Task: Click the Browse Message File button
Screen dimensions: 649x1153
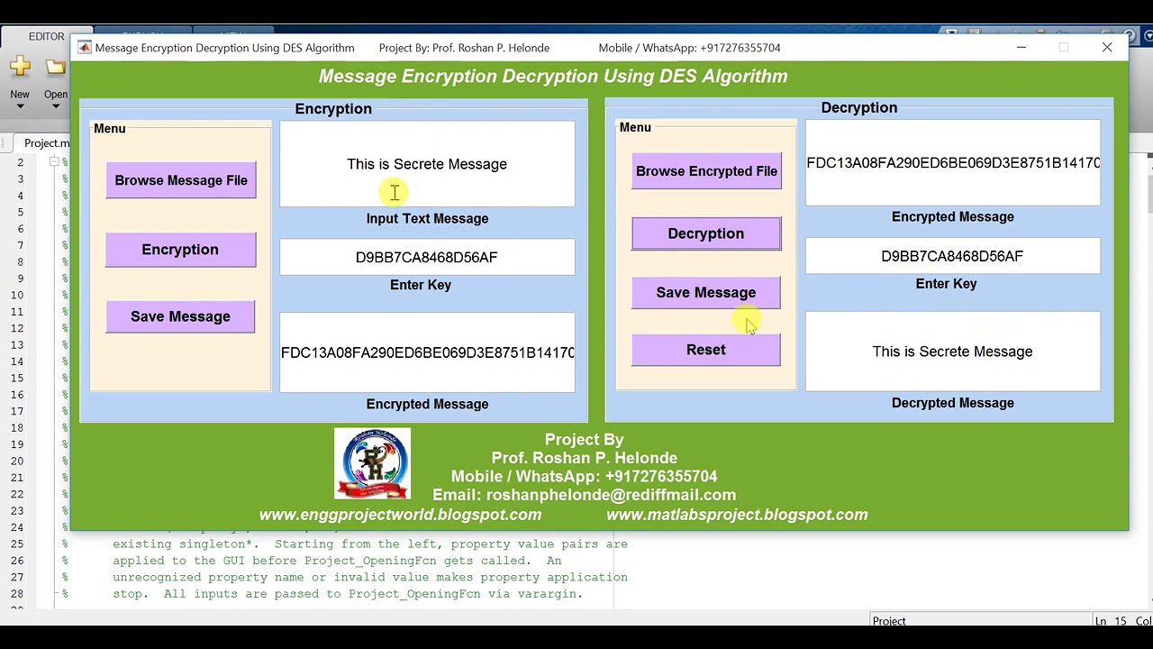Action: click(181, 180)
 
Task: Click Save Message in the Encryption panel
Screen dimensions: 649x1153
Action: click(180, 316)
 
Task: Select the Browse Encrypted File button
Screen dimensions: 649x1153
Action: click(706, 171)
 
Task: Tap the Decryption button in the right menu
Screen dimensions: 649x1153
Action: click(706, 233)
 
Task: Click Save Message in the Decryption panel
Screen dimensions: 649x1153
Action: click(706, 293)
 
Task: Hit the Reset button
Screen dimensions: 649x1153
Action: click(706, 350)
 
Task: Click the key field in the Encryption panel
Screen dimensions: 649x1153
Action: click(427, 258)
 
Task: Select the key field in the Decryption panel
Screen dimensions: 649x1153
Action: click(952, 257)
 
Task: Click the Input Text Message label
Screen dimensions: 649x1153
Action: click(427, 219)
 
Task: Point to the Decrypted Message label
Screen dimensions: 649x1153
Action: click(952, 403)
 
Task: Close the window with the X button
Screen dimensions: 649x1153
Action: click(1107, 48)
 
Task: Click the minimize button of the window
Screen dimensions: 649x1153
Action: click(1021, 48)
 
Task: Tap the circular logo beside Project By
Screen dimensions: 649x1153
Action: click(372, 463)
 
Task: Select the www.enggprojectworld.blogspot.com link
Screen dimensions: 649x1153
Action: click(401, 515)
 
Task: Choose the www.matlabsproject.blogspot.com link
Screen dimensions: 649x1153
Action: click(737, 515)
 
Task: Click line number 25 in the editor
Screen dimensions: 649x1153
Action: click(17, 544)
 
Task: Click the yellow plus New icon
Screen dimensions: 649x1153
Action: click(20, 67)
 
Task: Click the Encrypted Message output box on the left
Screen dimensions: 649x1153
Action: click(427, 352)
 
